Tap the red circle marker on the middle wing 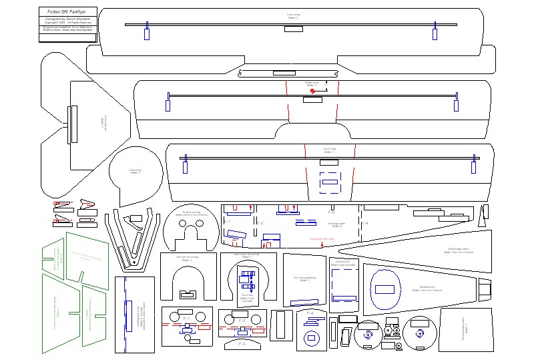(312, 91)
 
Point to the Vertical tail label (135, 172)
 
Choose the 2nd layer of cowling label (187, 257)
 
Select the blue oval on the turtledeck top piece (385, 290)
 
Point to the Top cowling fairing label (305, 279)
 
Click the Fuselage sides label (336, 224)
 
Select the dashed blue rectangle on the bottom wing (330, 181)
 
